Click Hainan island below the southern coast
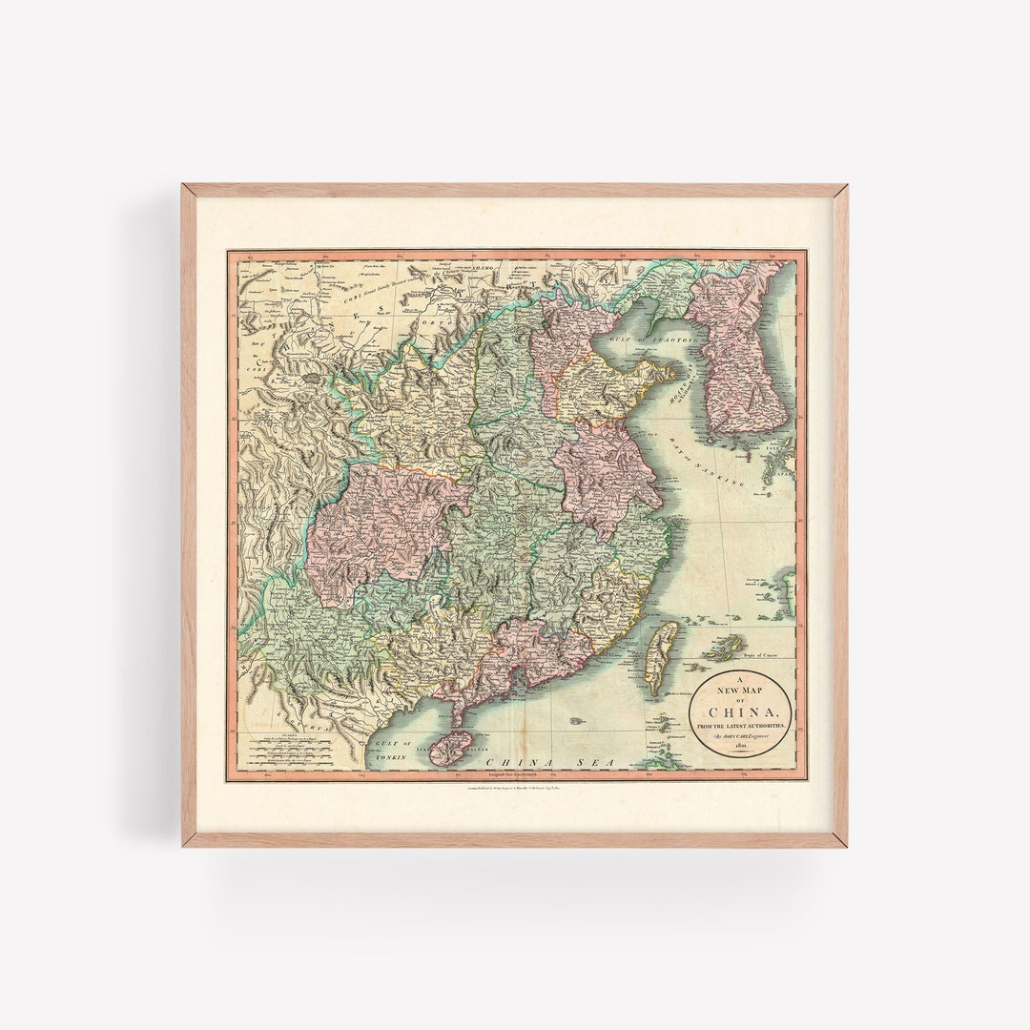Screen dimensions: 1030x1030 [x=450, y=748]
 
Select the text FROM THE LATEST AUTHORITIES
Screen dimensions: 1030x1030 [x=741, y=727]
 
